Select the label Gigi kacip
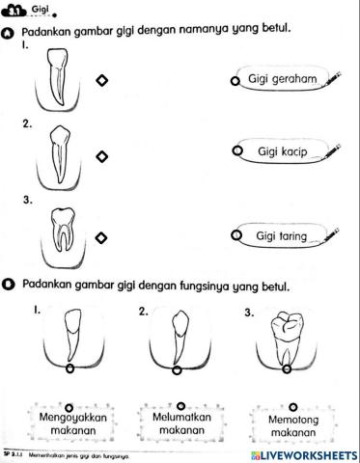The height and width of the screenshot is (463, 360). [281, 152]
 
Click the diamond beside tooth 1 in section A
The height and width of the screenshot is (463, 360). [101, 82]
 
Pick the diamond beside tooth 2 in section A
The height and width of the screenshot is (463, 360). [101, 156]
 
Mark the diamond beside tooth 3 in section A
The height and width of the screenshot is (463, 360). [101, 236]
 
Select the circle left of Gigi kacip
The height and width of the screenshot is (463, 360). [235, 152]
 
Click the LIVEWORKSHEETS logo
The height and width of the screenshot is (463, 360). [302, 453]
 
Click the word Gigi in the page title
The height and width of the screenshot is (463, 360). [40, 8]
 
